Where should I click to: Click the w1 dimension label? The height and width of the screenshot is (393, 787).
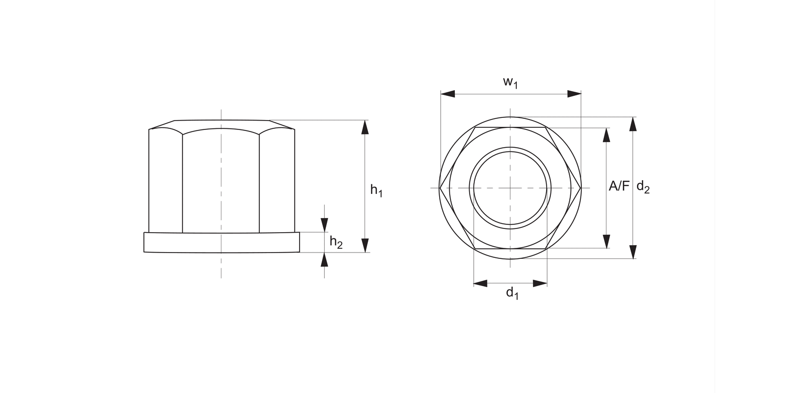click(510, 83)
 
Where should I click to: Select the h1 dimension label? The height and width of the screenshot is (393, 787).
click(376, 190)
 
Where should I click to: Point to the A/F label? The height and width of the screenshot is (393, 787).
click(619, 186)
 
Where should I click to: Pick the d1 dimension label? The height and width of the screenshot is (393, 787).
click(512, 293)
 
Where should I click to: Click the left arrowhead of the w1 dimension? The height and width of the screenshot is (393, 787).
click(448, 94)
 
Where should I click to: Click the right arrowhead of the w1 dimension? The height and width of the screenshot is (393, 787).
click(574, 94)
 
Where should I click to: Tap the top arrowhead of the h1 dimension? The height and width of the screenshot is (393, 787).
click(365, 127)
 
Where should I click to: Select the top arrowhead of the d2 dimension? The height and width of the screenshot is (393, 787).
click(633, 124)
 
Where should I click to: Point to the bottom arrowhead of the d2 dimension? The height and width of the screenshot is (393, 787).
click(633, 252)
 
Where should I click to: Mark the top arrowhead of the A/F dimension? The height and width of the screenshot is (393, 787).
click(607, 135)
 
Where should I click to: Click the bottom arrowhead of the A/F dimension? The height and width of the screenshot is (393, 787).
click(607, 241)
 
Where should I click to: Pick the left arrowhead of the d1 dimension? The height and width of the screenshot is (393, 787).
click(480, 283)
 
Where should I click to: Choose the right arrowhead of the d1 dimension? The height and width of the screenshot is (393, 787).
click(540, 283)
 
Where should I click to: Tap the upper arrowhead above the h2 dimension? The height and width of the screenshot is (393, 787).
click(324, 225)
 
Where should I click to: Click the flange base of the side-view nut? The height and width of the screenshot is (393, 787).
click(221, 243)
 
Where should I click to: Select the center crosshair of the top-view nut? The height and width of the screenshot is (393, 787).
click(510, 188)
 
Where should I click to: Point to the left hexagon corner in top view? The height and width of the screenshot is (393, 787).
click(440, 188)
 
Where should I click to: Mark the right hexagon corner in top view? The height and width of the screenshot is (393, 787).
click(581, 188)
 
